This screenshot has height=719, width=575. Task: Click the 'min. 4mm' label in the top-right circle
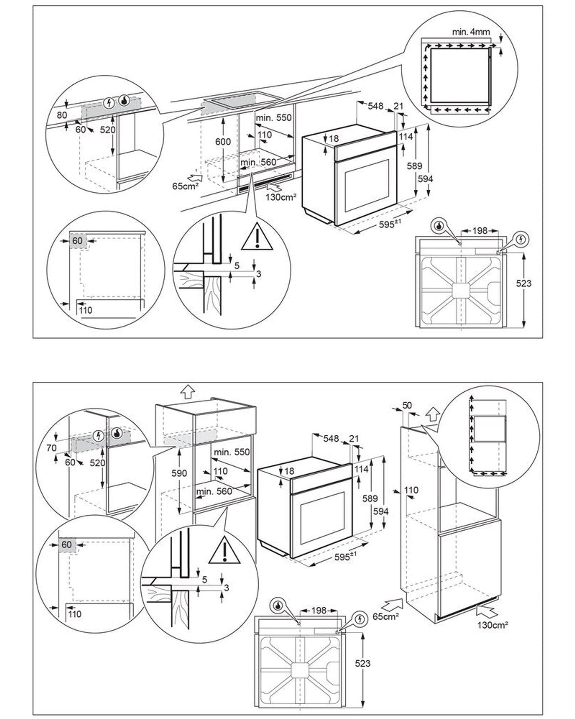click(x=471, y=31)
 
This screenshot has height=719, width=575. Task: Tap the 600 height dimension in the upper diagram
click(x=223, y=142)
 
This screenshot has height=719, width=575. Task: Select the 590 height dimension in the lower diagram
click(x=179, y=473)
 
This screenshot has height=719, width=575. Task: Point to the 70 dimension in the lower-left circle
click(x=51, y=448)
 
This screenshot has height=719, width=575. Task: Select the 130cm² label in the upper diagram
click(x=281, y=197)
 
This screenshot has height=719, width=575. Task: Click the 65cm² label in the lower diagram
click(x=386, y=617)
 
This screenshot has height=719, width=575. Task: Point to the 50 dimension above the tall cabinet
click(x=407, y=405)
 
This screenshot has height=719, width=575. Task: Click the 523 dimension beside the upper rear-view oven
click(x=524, y=283)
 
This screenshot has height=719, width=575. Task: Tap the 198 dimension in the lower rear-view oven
click(x=319, y=610)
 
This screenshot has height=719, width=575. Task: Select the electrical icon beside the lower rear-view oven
click(x=359, y=618)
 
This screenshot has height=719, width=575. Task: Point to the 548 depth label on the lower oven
click(x=331, y=438)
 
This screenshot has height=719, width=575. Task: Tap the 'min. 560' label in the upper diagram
click(x=258, y=162)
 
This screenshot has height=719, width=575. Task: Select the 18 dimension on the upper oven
click(x=334, y=139)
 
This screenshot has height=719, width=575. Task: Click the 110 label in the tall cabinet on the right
click(x=411, y=490)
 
